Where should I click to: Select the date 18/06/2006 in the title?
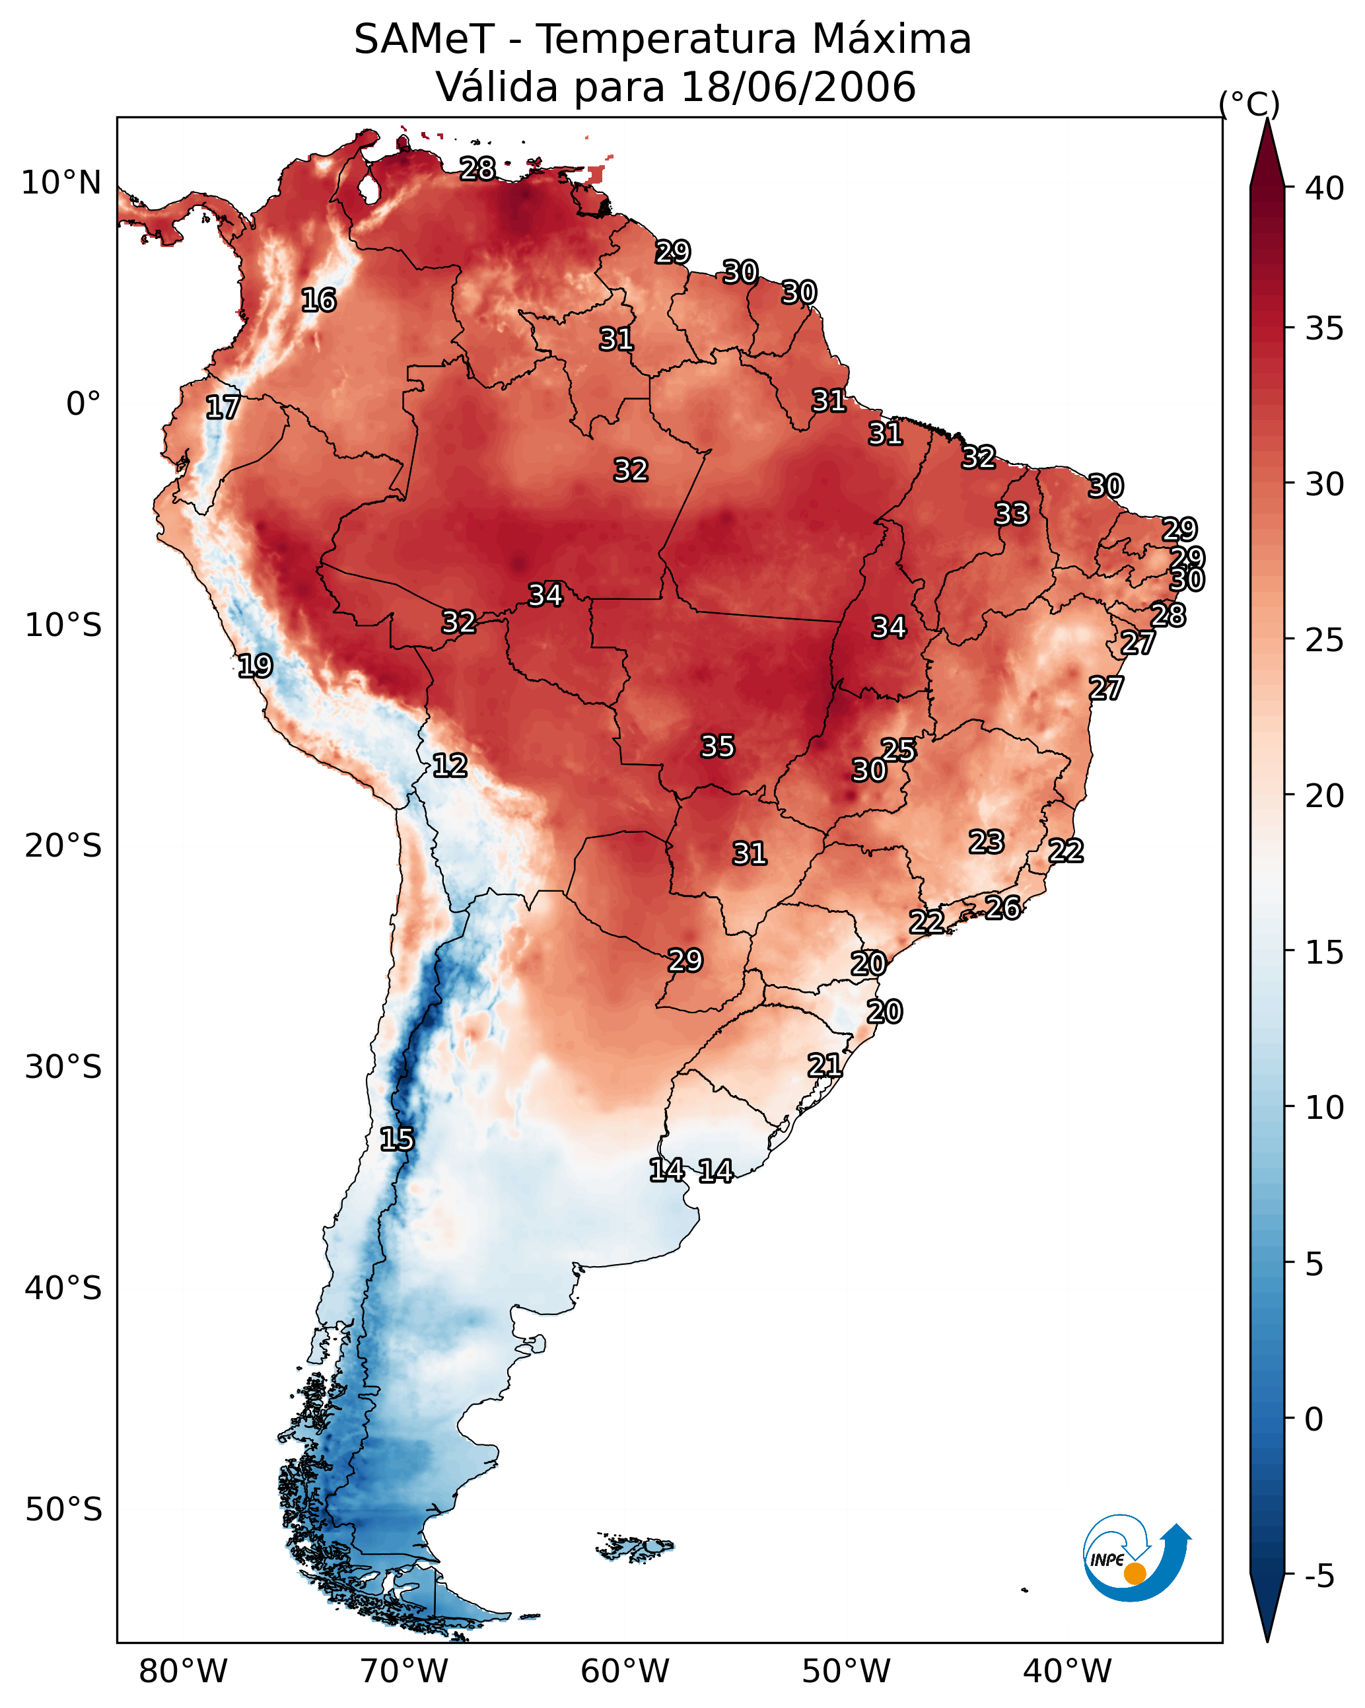tap(798, 87)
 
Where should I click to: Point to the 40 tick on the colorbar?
tap(1324, 188)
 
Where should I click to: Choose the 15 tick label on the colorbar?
tap(1324, 952)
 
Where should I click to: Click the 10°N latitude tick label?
tap(61, 183)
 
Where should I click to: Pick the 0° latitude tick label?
tap(83, 404)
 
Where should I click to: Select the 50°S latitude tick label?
tap(63, 1510)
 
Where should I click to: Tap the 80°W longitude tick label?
tap(183, 1672)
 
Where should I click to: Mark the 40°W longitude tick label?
tap(1067, 1672)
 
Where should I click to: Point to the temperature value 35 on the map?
tap(718, 746)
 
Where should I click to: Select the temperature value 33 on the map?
tap(1012, 514)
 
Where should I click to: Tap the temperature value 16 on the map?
tap(318, 301)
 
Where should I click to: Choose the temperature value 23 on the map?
tap(987, 842)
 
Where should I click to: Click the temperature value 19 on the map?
tap(255, 666)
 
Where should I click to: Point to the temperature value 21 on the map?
tap(825, 1065)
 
